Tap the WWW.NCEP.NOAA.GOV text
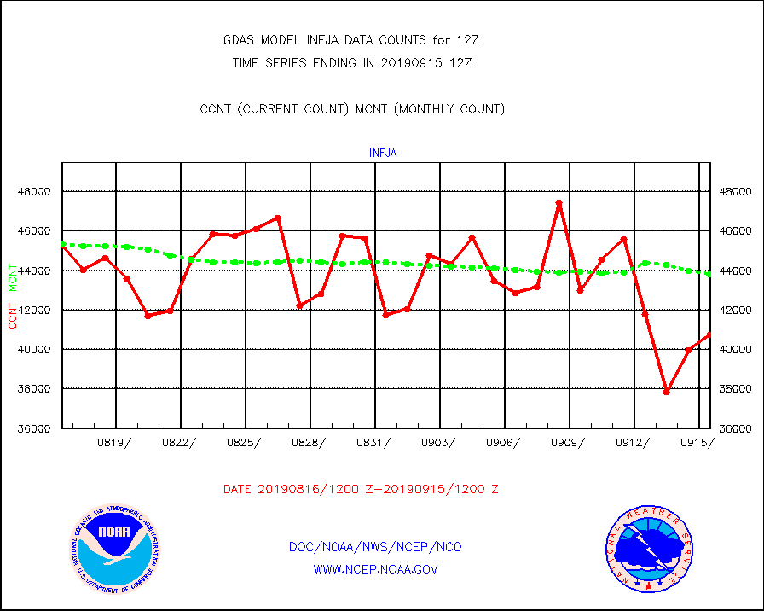(376, 569)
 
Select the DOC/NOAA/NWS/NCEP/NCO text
(376, 547)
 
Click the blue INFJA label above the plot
(383, 154)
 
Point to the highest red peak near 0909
(559, 203)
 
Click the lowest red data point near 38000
(666, 392)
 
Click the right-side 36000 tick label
(735, 428)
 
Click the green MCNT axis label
(14, 276)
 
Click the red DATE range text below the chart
(361, 490)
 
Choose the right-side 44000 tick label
(735, 271)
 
